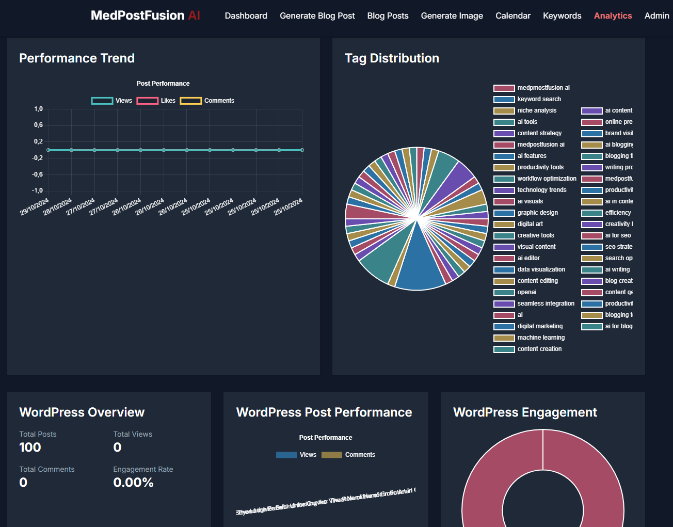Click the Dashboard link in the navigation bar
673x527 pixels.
[246, 15]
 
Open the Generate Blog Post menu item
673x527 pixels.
[317, 15]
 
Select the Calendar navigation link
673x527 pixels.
[512, 15]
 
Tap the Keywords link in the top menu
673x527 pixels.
[562, 15]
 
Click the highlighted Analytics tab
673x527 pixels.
[613, 15]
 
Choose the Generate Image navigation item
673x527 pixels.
[452, 15]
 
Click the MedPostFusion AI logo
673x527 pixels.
[145, 15]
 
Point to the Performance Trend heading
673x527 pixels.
[77, 58]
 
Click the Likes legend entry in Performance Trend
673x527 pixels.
[156, 101]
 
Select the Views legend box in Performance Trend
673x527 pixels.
[102, 101]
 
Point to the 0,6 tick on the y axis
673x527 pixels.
[39, 125]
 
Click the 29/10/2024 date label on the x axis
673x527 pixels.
[35, 206]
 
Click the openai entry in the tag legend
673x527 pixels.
[527, 292]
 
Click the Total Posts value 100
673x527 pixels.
[30, 448]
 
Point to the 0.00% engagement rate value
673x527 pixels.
[133, 483]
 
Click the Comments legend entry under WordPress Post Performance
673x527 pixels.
[348, 455]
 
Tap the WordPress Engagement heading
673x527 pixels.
[525, 412]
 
